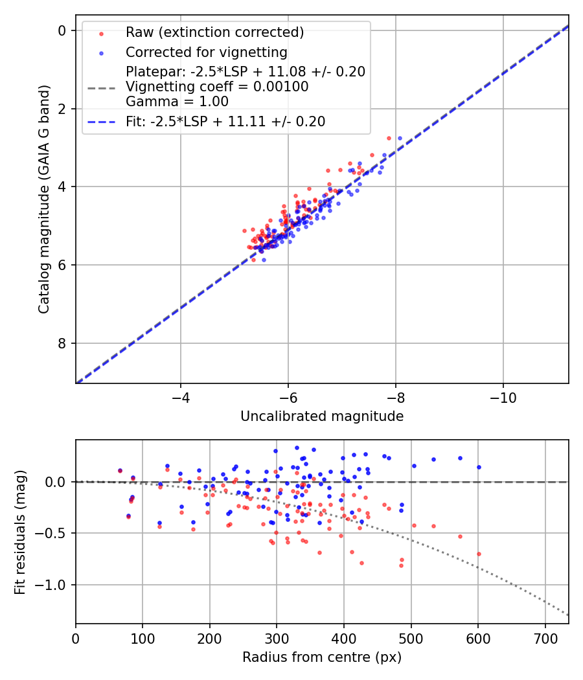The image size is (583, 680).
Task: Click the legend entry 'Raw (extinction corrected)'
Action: pyautogui.click(x=214, y=32)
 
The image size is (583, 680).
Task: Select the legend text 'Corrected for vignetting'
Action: pyautogui.click(x=207, y=52)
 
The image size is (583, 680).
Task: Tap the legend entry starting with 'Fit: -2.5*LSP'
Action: pyautogui.click(x=225, y=121)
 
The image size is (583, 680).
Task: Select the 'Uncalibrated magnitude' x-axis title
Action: pyautogui.click(x=322, y=416)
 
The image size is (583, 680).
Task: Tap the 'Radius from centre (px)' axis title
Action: pyautogui.click(x=322, y=657)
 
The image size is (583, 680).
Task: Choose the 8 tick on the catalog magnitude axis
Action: pyautogui.click(x=62, y=343)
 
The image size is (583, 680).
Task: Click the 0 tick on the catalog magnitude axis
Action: pyautogui.click(x=62, y=30)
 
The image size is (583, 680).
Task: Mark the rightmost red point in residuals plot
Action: pyautogui.click(x=479, y=554)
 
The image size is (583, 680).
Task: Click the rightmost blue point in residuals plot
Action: pyautogui.click(x=479, y=467)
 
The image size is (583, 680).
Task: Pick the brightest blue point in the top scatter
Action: pyautogui.click(x=400, y=138)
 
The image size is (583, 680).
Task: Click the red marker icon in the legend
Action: pyautogui.click(x=100, y=32)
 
